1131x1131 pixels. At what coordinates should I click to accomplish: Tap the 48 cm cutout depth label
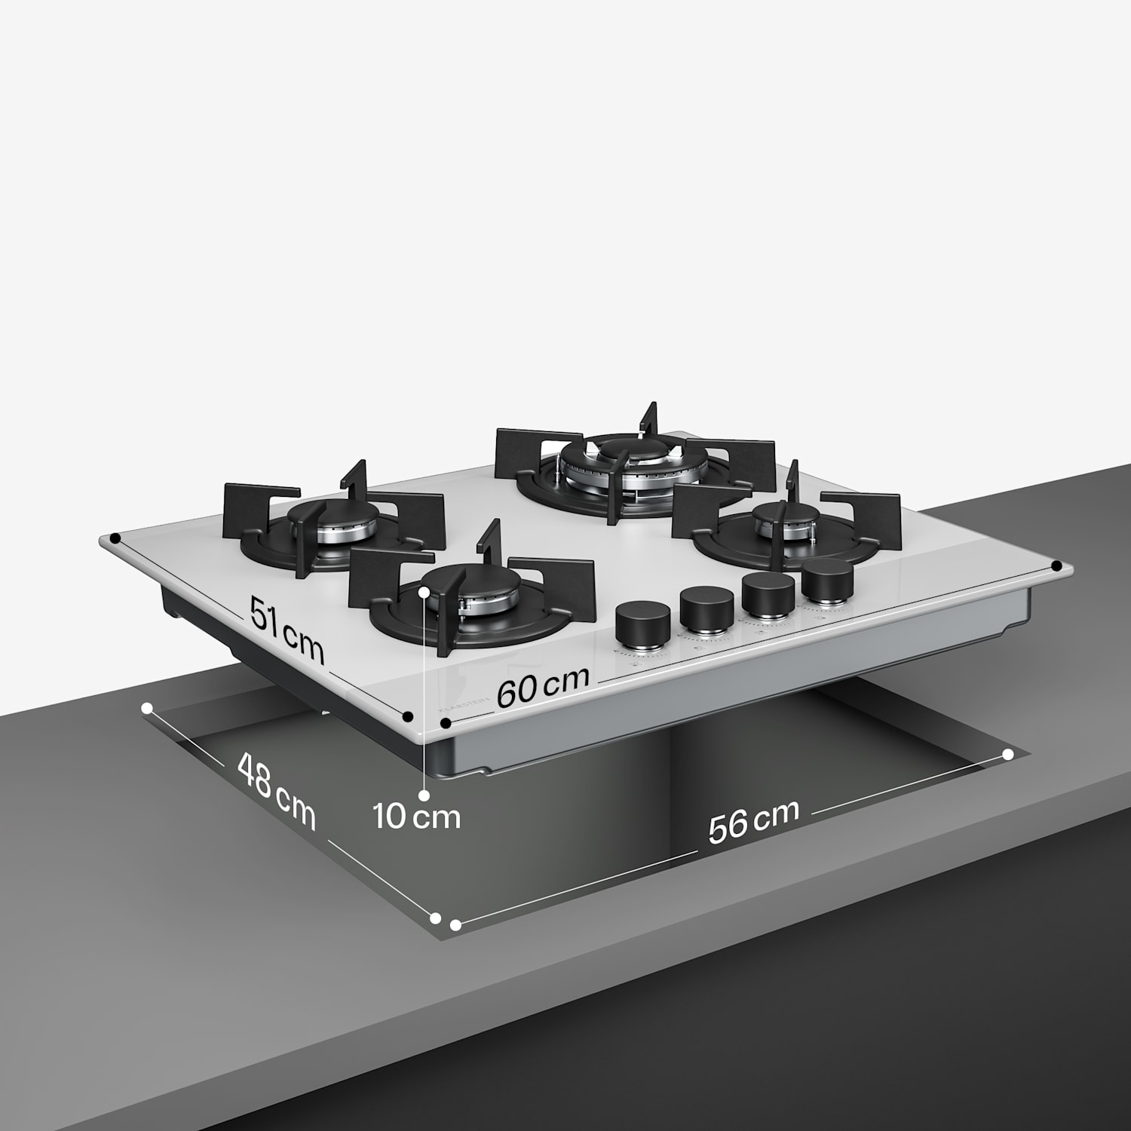click(x=276, y=791)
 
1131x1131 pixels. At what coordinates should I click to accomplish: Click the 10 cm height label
click(x=417, y=817)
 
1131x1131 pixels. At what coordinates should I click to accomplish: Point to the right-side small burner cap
click(x=786, y=516)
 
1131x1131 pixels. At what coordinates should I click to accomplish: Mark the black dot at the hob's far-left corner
click(x=114, y=538)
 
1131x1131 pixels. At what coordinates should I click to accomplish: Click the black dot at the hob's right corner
click(x=1056, y=565)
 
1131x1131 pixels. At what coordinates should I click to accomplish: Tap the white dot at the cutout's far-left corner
click(x=148, y=708)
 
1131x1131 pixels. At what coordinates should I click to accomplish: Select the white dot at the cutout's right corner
click(x=1008, y=754)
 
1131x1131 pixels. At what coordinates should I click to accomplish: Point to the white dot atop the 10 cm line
click(x=427, y=592)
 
